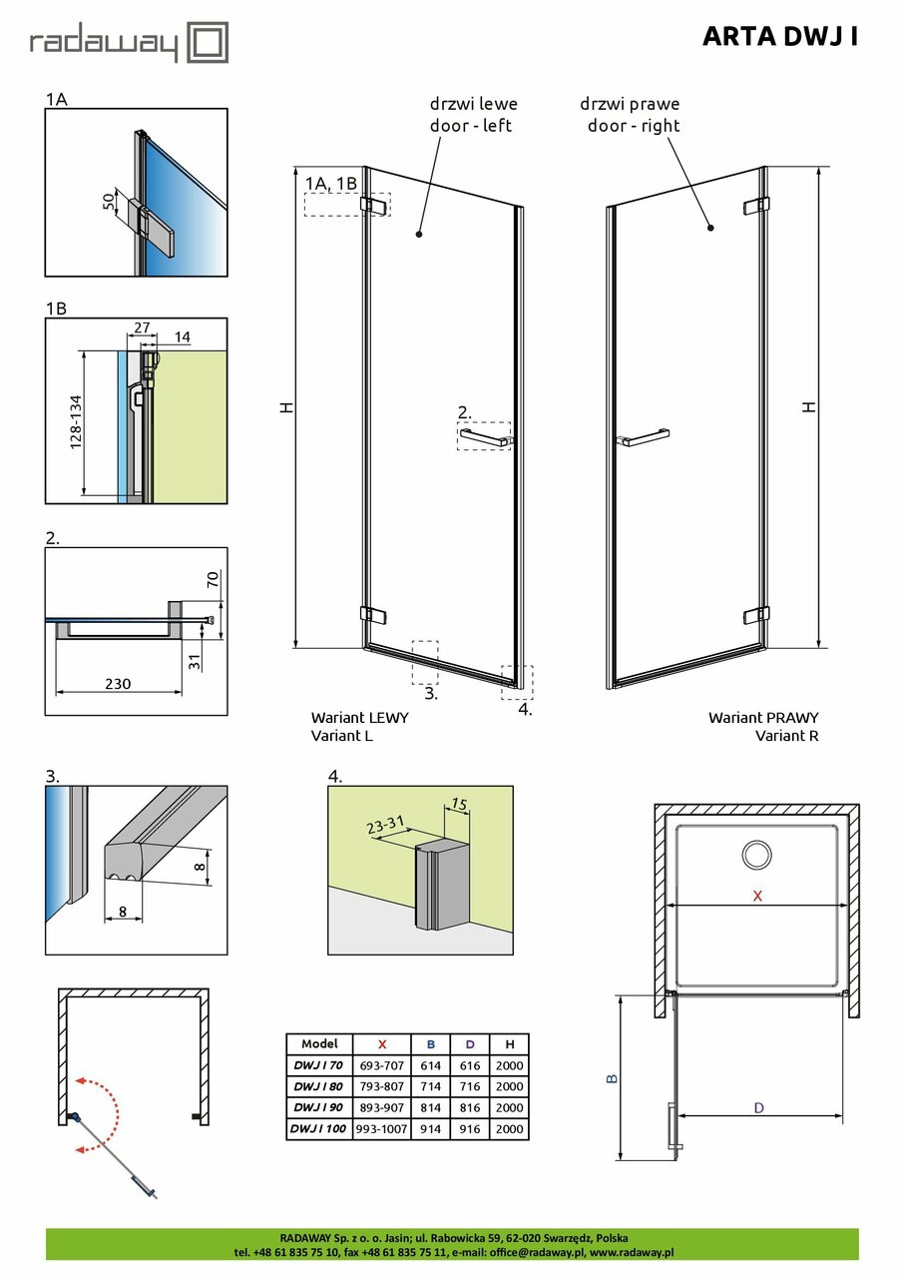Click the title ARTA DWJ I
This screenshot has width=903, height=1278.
click(x=779, y=37)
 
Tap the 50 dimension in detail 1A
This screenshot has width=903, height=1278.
click(x=109, y=202)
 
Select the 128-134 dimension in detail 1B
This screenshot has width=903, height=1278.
click(x=76, y=423)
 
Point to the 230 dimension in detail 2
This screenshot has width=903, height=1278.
click(x=118, y=684)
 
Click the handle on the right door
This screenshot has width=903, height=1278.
click(x=644, y=436)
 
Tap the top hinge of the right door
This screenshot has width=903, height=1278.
click(x=756, y=206)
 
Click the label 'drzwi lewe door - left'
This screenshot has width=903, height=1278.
click(x=473, y=114)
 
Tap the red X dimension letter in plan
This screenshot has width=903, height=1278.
click(x=757, y=896)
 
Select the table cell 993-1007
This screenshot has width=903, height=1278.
click(x=381, y=1129)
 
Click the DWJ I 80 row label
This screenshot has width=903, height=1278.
click(x=317, y=1086)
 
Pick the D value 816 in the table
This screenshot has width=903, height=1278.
click(x=469, y=1108)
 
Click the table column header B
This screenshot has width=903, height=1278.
click(x=431, y=1044)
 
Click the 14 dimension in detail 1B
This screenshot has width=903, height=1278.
click(x=181, y=338)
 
